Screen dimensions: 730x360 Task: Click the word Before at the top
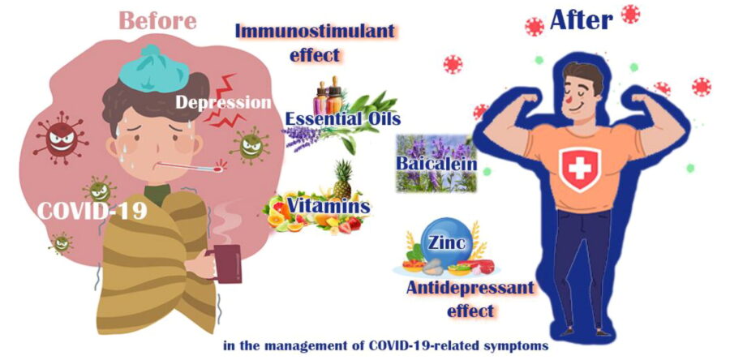point(158,20)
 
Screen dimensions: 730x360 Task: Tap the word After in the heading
point(581,20)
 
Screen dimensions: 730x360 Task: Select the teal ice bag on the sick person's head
point(153,69)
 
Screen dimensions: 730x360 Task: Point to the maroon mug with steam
point(225,264)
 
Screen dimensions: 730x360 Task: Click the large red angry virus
point(61,138)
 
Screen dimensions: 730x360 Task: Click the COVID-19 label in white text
point(92,210)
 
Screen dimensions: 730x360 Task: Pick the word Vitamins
point(328,206)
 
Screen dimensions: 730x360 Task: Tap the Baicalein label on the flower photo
point(436,164)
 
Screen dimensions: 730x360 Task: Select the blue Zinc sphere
point(447,243)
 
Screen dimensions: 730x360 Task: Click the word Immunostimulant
point(316,31)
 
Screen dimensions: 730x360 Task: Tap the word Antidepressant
point(470,288)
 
